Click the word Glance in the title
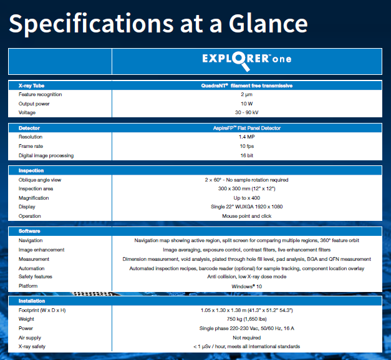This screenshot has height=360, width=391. click(x=268, y=23)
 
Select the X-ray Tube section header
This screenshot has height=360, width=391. click(x=31, y=85)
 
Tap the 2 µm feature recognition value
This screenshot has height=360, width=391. click(x=246, y=94)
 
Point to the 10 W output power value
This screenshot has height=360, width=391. click(x=246, y=104)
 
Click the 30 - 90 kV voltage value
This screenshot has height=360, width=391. click(x=246, y=112)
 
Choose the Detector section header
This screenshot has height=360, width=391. click(x=29, y=128)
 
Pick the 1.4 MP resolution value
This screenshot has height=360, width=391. click(x=246, y=137)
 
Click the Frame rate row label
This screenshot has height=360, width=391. click(x=31, y=146)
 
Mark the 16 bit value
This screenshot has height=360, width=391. click(x=246, y=155)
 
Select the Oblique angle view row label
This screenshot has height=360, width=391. click(x=40, y=180)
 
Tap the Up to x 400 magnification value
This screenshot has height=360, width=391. click(x=246, y=198)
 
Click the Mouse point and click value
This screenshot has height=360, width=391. click(x=246, y=216)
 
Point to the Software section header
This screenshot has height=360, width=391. click(x=29, y=231)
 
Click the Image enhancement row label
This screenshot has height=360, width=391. click(x=41, y=250)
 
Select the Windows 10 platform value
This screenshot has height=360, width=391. click(x=246, y=286)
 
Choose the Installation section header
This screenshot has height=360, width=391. click(x=32, y=301)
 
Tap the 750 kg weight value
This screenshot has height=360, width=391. click(x=246, y=319)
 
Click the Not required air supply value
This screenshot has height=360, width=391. click(x=246, y=338)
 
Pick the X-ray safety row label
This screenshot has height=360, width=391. click(x=32, y=346)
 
